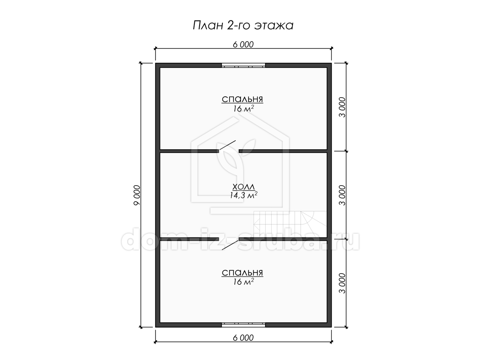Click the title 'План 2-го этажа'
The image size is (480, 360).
[243, 25]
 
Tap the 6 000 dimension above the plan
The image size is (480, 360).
[243, 44]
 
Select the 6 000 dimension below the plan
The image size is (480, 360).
[243, 338]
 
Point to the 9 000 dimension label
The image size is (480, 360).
[137, 195]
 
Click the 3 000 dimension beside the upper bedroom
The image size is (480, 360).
[342, 107]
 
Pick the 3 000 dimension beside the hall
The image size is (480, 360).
[342, 195]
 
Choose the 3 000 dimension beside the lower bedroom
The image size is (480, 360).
[342, 283]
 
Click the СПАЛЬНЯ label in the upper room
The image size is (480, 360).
[242, 99]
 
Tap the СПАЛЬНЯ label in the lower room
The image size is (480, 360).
[242, 273]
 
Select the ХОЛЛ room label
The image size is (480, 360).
[243, 187]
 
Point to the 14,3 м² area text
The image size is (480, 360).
[243, 195]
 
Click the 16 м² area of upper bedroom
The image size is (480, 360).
[243, 108]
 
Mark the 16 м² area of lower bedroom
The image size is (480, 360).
[243, 282]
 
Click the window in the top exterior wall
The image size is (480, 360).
[243, 65]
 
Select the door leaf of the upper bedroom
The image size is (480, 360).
[228, 145]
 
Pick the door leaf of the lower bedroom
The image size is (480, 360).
[230, 245]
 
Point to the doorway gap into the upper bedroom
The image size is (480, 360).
[229, 151]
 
